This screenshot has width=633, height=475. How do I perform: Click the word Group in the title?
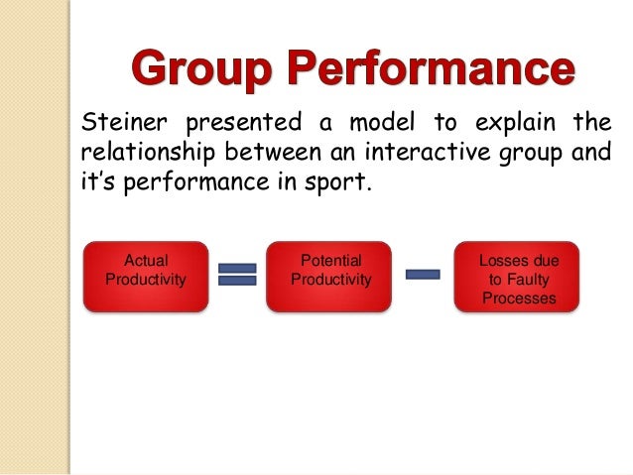click(x=198, y=70)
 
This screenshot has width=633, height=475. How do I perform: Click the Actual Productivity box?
click(x=145, y=277)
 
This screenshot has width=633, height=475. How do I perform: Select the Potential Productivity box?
click(x=330, y=277)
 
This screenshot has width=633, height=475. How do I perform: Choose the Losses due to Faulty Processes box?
click(x=518, y=277)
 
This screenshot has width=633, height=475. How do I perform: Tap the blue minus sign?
click(x=424, y=275)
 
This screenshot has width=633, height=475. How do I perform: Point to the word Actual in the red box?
click(x=145, y=261)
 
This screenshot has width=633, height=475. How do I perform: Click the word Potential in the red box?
click(x=330, y=261)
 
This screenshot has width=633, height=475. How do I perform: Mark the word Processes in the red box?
click(x=519, y=297)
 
